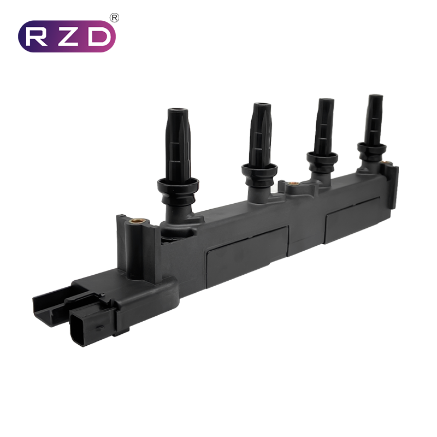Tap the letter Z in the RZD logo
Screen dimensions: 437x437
66,37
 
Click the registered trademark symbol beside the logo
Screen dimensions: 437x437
115,18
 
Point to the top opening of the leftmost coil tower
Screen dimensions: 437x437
179,110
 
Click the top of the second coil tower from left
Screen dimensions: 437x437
262,105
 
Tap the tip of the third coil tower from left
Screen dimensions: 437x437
326,100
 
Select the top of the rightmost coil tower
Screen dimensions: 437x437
375,97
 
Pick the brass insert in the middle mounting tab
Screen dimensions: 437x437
293,184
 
